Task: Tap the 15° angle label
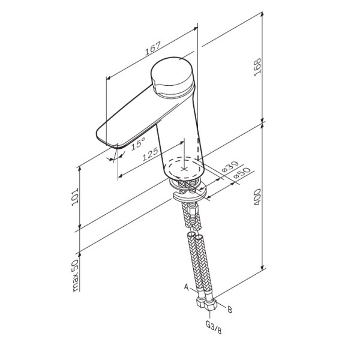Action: (137, 144)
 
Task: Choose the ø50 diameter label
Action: (241, 174)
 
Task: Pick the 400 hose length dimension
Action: (257, 197)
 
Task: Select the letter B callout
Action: (229, 310)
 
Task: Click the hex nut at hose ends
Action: (210, 306)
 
